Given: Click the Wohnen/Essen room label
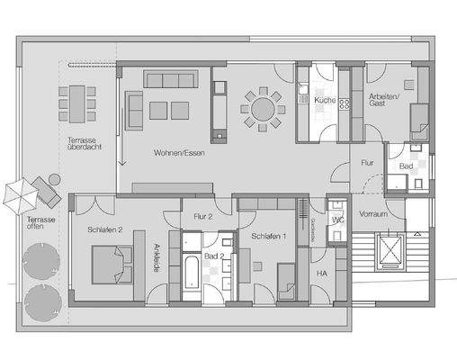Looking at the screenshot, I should pos(176,151).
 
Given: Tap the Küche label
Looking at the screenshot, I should pos(324,102).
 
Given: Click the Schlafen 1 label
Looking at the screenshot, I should pos(269,236).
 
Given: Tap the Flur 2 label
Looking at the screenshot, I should pos(202,217).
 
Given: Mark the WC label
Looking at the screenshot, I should pos(338,219).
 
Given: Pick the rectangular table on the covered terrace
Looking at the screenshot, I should pos(76,103).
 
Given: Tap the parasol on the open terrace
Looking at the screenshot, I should pos(20,192).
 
